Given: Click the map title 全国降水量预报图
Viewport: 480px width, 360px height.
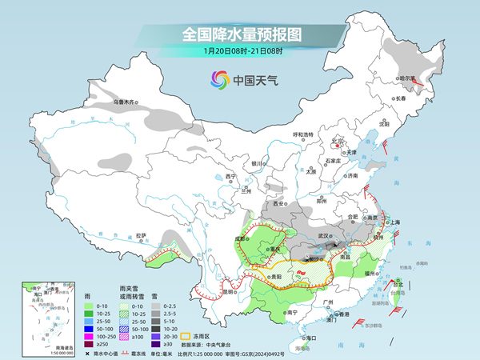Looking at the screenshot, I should [240, 35].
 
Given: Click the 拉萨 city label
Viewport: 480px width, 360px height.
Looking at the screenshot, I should [142, 235].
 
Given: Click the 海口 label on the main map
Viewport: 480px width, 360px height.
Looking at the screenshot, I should [312, 338].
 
